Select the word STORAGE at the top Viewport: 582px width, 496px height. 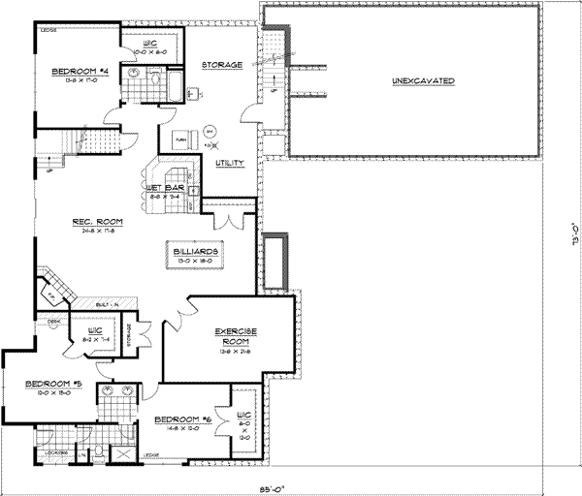pyautogui.click(x=220, y=64)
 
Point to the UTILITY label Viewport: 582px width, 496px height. pyautogui.click(x=229, y=164)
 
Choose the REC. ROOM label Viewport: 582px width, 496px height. pyautogui.click(x=94, y=223)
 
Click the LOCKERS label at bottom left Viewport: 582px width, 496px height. pyautogui.click(x=55, y=452)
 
